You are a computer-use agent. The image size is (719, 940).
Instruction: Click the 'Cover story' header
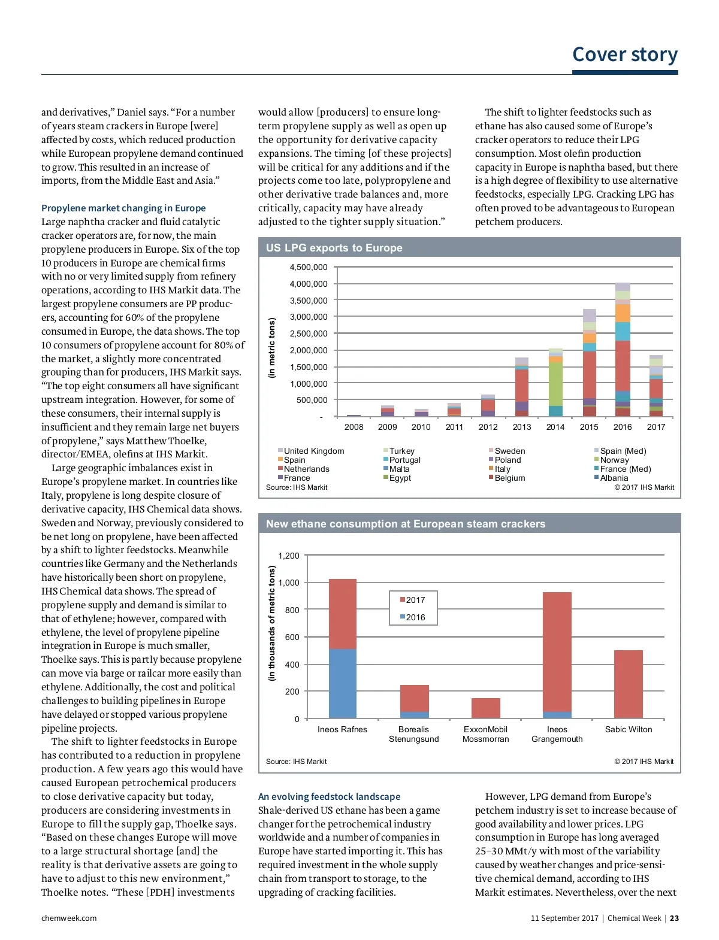coord(624,54)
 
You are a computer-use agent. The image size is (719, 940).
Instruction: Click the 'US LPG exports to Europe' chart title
coord(334,248)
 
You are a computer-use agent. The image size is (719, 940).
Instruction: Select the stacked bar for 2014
coord(555,383)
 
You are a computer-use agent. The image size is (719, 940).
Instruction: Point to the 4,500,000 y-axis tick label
coord(309,267)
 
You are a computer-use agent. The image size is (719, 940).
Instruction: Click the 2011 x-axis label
coord(454,427)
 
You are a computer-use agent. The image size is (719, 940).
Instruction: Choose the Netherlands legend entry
coord(306,469)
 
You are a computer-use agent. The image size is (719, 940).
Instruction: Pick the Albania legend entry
coord(614,478)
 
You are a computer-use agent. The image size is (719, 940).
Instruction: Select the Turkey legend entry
coord(401,451)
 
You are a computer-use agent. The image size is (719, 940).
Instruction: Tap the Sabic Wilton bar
coord(628,684)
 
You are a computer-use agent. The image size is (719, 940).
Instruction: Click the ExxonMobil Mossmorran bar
coord(485,708)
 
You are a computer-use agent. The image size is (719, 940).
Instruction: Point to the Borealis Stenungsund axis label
coord(413,734)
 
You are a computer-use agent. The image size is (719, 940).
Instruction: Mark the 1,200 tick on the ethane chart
coord(289,556)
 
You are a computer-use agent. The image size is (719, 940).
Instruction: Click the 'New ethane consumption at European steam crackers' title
coord(406,524)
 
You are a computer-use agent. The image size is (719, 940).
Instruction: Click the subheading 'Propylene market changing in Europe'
coord(123,208)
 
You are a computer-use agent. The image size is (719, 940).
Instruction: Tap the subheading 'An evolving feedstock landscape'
coord(329,796)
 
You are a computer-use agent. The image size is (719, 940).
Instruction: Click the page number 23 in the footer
coord(674,918)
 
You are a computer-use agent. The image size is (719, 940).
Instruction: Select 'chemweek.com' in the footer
coord(69,918)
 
